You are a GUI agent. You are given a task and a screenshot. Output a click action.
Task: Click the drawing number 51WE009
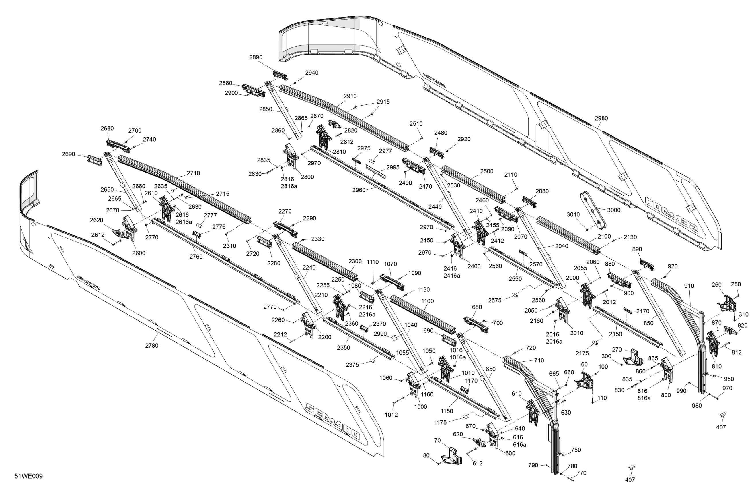click(28, 476)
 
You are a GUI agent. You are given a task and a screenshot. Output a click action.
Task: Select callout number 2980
click(601, 118)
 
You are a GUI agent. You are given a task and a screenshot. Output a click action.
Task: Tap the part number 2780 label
click(152, 346)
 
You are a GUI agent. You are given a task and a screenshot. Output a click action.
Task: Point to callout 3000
click(613, 210)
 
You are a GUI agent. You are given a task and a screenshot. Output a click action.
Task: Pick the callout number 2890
click(256, 57)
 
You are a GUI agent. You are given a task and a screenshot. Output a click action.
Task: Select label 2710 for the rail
click(193, 173)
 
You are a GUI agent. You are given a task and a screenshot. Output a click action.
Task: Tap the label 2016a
click(554, 342)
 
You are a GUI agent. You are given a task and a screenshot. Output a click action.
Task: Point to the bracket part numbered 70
click(453, 456)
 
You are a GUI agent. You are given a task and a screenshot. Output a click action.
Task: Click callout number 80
click(426, 456)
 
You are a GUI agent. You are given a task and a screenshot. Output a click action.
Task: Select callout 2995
click(393, 167)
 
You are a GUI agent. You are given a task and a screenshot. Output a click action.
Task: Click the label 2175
click(582, 353)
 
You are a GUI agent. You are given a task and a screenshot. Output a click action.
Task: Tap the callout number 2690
click(68, 154)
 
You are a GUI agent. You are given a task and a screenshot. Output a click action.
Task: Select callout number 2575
click(494, 300)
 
